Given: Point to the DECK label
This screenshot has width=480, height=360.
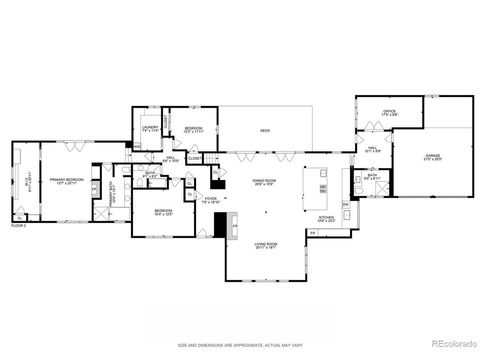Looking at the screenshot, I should [x=264, y=130].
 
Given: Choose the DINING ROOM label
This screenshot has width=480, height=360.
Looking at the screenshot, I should [x=264, y=182].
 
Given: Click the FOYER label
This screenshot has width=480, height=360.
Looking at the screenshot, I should [x=211, y=199].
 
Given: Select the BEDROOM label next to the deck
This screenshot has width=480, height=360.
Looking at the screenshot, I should [x=194, y=129].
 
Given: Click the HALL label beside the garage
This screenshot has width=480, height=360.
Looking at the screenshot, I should [x=371, y=149].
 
